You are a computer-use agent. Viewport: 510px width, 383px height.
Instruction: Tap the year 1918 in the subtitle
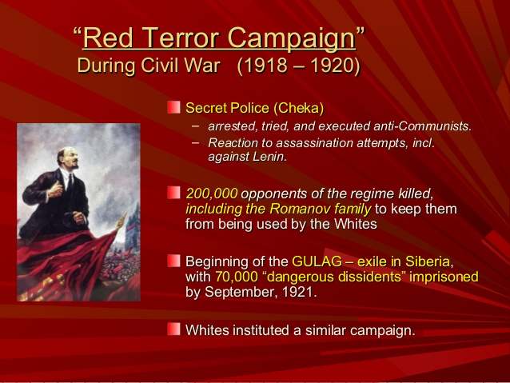coord(265,66)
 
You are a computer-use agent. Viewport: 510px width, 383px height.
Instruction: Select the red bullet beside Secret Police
coord(173,107)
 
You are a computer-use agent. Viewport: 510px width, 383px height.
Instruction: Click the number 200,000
coord(211,194)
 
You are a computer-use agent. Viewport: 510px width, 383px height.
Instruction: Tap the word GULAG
coord(317,261)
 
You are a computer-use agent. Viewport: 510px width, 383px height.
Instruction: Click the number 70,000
coord(236,277)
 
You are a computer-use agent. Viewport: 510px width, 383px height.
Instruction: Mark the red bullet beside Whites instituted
coord(173,329)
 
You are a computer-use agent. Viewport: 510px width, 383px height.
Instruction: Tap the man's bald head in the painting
coord(66,152)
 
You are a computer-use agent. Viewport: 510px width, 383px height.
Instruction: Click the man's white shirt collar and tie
coord(68,179)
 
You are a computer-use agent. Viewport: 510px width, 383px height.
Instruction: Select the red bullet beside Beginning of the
coord(173,261)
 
